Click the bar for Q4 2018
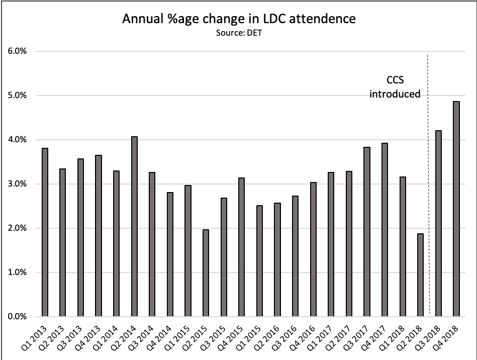pos(456,209)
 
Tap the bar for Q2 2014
pos(134,227)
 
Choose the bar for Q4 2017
pos(384,230)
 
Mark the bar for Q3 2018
pos(438,224)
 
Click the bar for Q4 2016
pos(313,249)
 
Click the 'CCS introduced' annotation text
pos(395,86)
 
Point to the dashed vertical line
pos(428,201)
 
